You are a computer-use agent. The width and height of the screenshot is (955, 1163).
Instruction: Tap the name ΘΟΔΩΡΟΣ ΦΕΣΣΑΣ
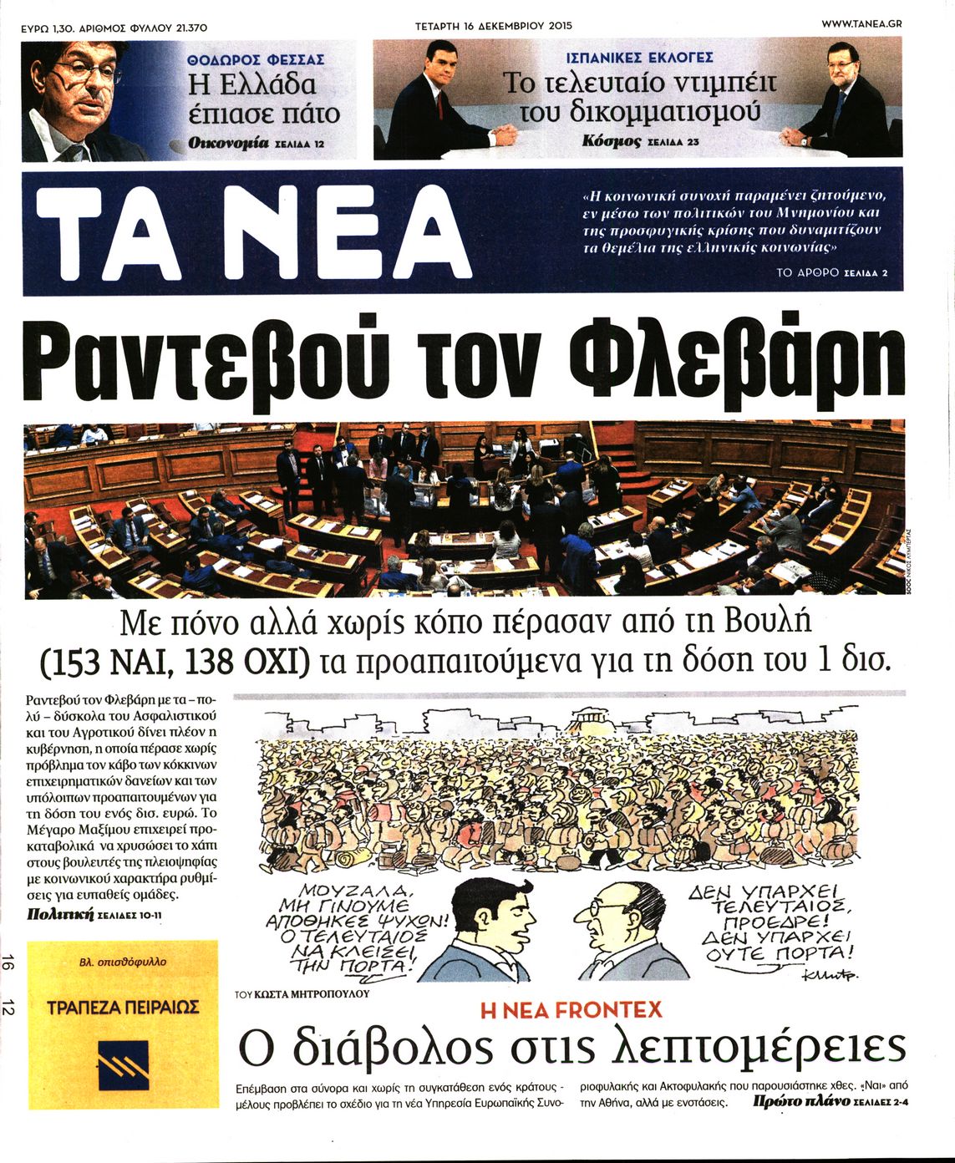pos(256,60)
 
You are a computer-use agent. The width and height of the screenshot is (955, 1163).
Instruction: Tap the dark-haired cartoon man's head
pos(493,915)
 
